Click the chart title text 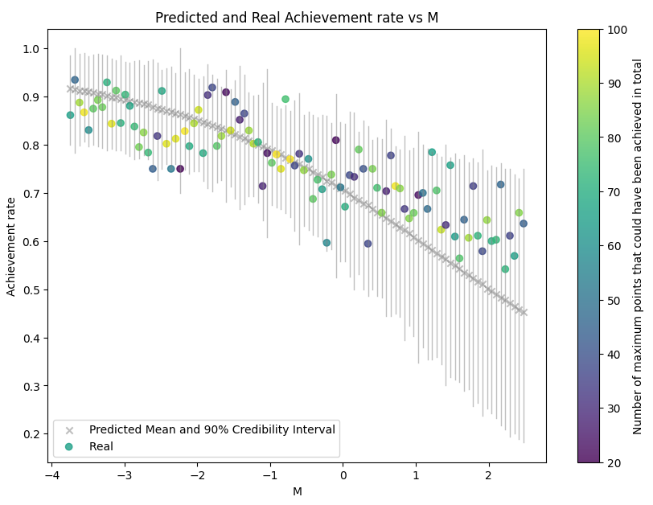[297, 17]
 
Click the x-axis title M [297, 491]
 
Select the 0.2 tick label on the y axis [31, 434]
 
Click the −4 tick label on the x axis [51, 474]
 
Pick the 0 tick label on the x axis [343, 474]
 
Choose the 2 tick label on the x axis [488, 474]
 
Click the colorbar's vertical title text [637, 246]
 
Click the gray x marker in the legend [71, 429]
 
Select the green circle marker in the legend [71, 446]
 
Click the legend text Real [101, 446]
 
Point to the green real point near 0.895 [285, 99]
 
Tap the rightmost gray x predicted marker [524, 313]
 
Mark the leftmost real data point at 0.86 [70, 115]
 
